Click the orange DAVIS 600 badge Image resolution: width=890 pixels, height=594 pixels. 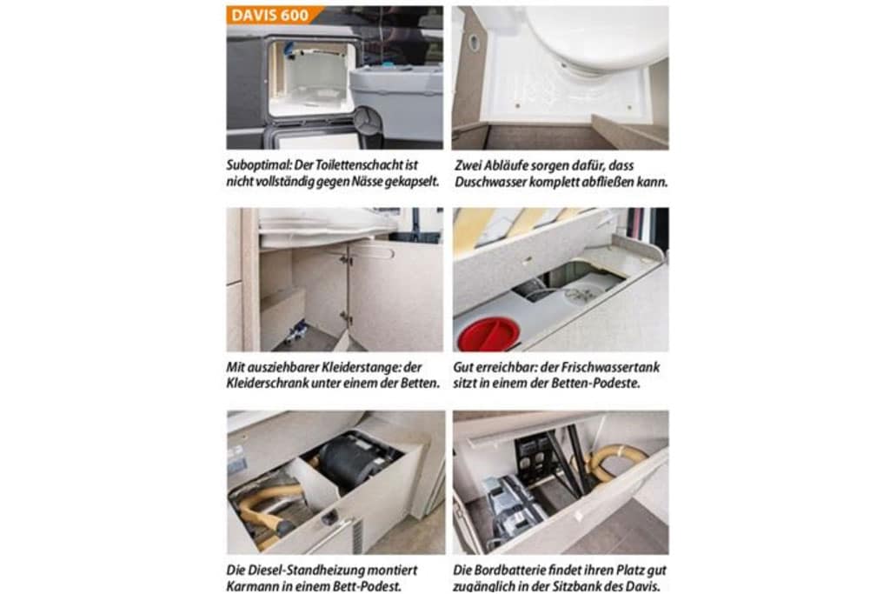click(274, 16)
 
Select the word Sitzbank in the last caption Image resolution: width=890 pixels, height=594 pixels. click(587, 587)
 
